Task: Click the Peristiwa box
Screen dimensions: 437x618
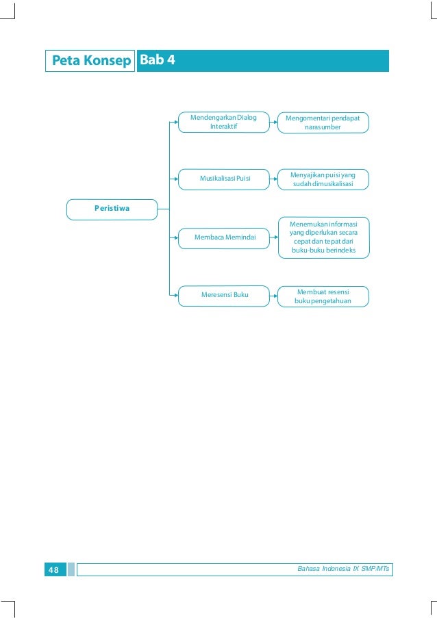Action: [x=112, y=209]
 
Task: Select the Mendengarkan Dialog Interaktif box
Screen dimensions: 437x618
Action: [x=224, y=122]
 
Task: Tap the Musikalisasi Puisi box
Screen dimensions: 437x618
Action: [x=224, y=179]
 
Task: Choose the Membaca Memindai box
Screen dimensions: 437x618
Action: [x=224, y=237]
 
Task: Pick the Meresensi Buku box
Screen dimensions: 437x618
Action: [x=224, y=296]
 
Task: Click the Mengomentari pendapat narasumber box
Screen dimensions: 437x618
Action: [x=323, y=123]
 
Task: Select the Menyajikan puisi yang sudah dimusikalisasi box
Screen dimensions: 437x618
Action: [x=323, y=179]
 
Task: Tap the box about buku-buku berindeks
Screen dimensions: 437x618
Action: [x=323, y=237]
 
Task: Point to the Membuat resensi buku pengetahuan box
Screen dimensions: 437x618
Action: [x=323, y=296]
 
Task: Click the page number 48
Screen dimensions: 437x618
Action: [x=53, y=569]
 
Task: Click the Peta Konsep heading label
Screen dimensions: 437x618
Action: [x=90, y=61]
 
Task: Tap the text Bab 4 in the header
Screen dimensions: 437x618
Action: [x=157, y=60]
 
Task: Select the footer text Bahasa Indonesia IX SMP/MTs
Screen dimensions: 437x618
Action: [x=343, y=569]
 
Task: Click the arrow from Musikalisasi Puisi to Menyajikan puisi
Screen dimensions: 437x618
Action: [x=274, y=179]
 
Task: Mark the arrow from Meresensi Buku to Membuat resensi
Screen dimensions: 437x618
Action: [x=274, y=296]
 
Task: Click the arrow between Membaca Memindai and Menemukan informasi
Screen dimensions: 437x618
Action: [x=274, y=237]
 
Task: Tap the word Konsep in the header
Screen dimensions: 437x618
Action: [x=107, y=61]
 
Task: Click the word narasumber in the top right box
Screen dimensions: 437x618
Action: [x=323, y=127]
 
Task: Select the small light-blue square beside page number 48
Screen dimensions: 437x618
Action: [x=71, y=569]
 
